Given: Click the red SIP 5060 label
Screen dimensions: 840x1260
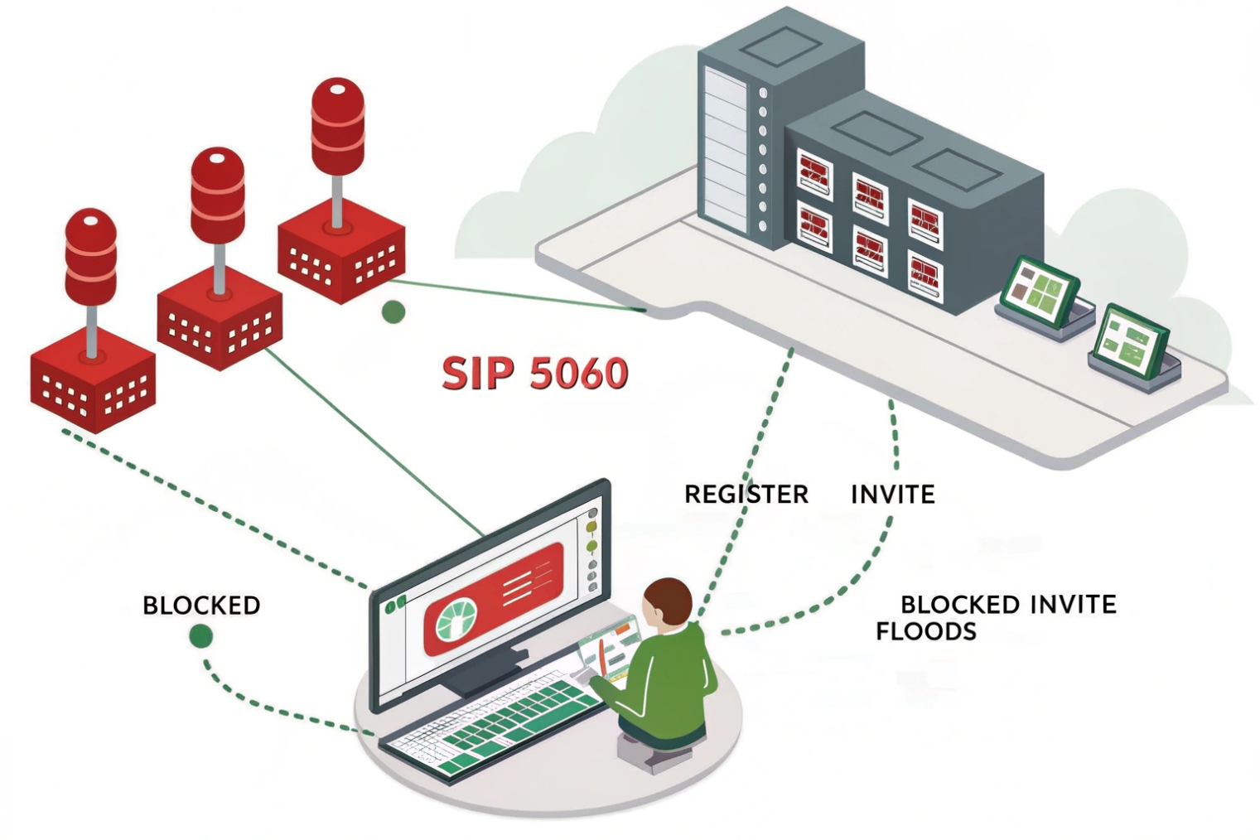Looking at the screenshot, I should pos(534,373).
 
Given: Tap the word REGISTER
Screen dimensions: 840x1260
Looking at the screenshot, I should pos(746,495).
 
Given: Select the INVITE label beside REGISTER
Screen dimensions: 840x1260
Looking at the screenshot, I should pos(892,495).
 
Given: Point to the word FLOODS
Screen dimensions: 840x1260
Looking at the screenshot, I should pos(925,632).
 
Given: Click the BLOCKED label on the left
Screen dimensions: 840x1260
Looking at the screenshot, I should pos(201,606).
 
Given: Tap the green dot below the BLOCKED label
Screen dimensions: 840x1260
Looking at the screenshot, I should pos(200,636).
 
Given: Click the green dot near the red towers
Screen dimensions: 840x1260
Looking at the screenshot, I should pos(393,312).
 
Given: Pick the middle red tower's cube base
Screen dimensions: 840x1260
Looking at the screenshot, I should pos(220,323).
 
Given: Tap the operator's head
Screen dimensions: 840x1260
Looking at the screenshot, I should pos(667,602).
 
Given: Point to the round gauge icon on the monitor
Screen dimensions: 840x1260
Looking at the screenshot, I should pos(456,622).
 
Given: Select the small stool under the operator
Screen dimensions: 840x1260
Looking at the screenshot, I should pos(654,750).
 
